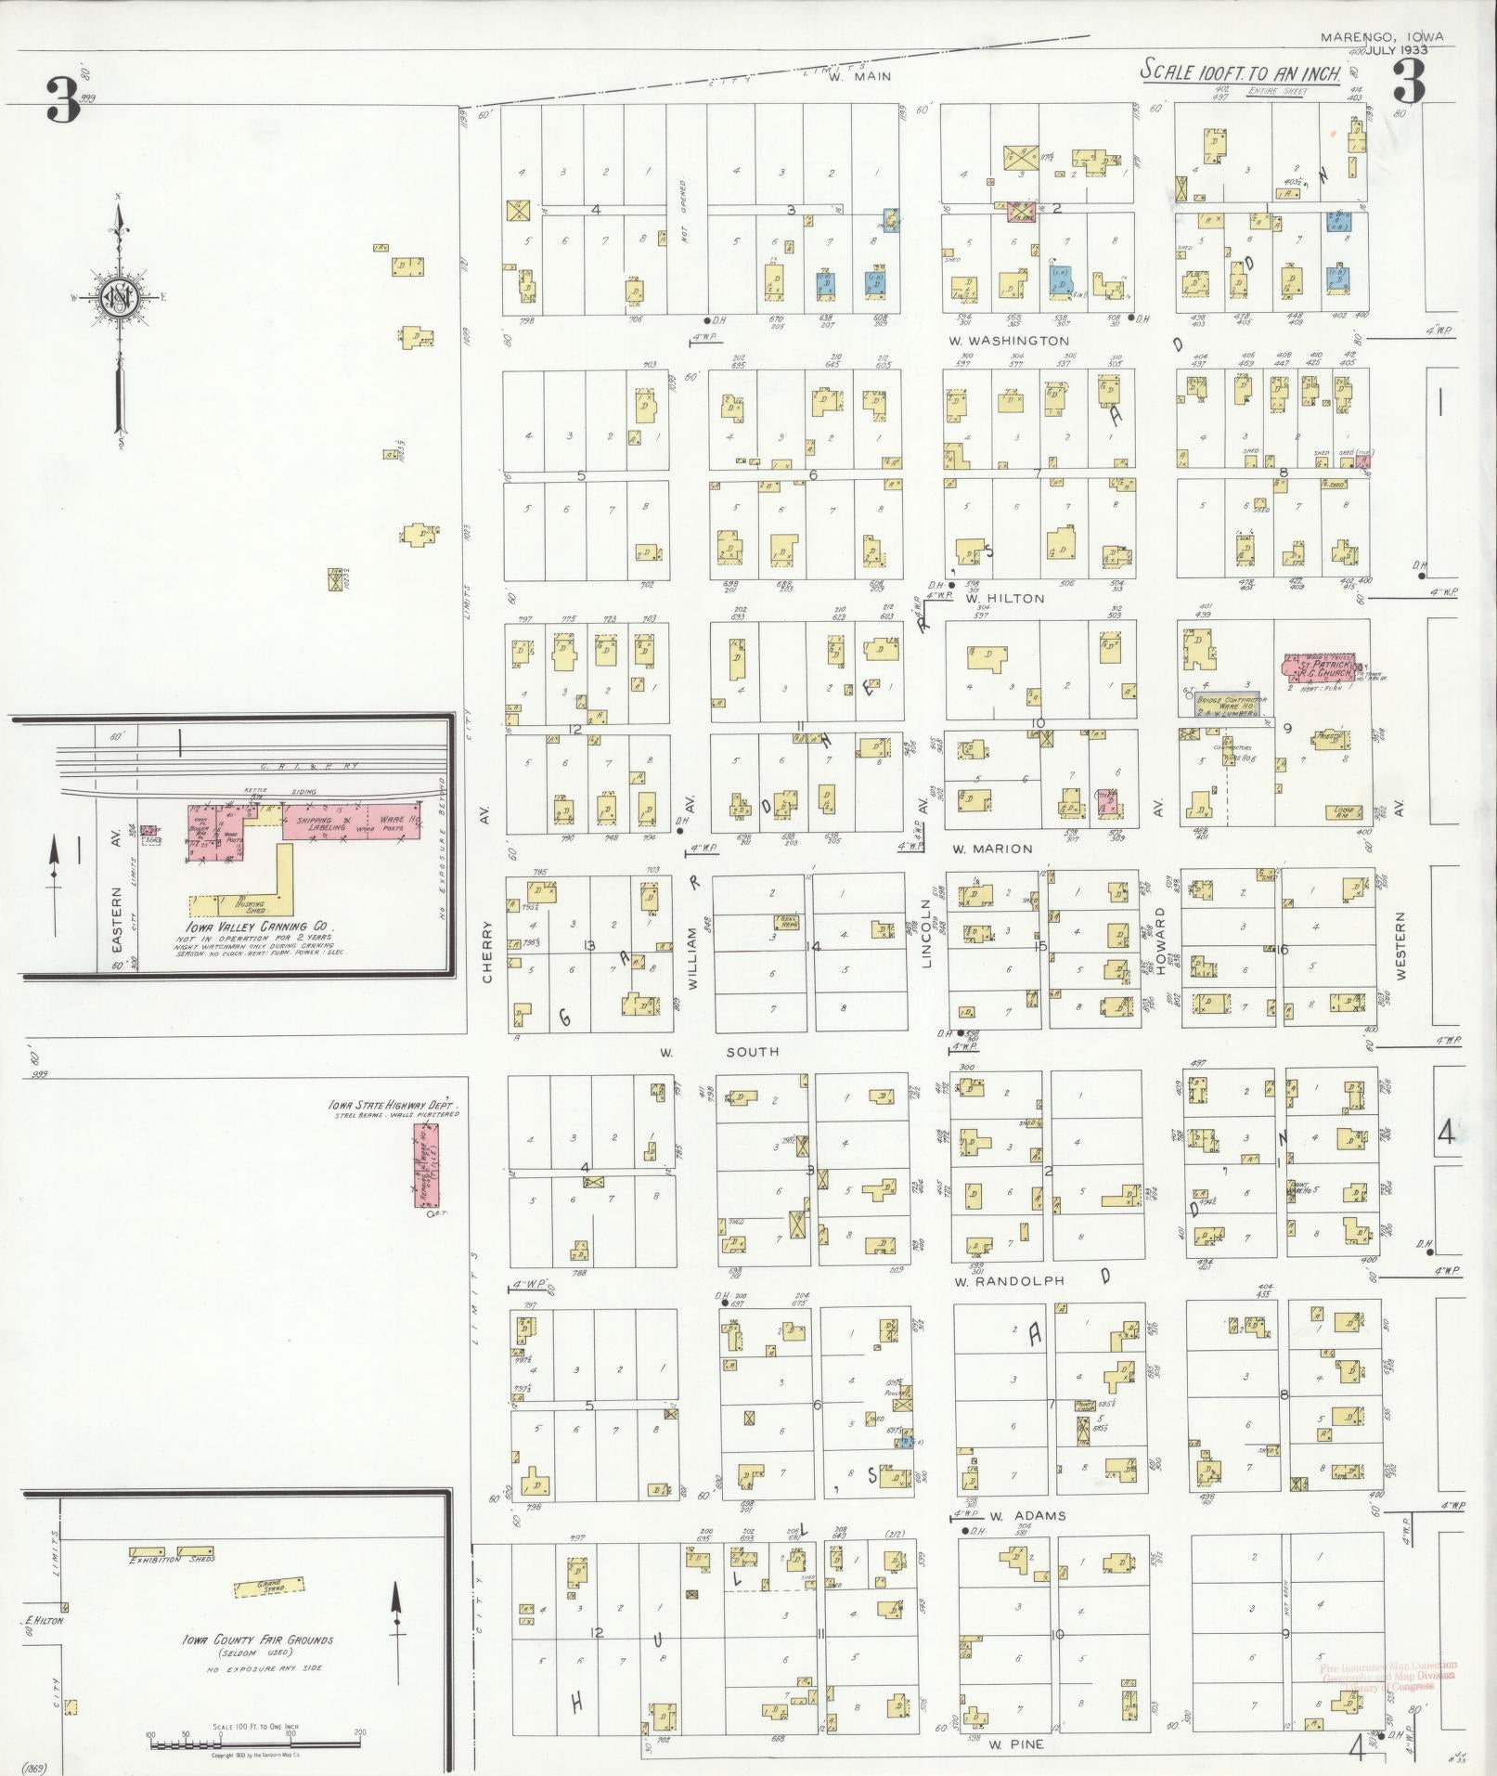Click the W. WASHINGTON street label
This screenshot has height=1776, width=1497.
coord(1010,341)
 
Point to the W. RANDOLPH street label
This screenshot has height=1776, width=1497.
coord(1007,1281)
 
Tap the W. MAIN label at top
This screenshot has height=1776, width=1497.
coord(859,77)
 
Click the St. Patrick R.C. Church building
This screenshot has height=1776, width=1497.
coord(1319,668)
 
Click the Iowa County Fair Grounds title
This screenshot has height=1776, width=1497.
coord(258,1640)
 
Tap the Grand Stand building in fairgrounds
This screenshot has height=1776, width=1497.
coord(270,1587)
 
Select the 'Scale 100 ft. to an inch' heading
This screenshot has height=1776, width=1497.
coord(1242,71)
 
